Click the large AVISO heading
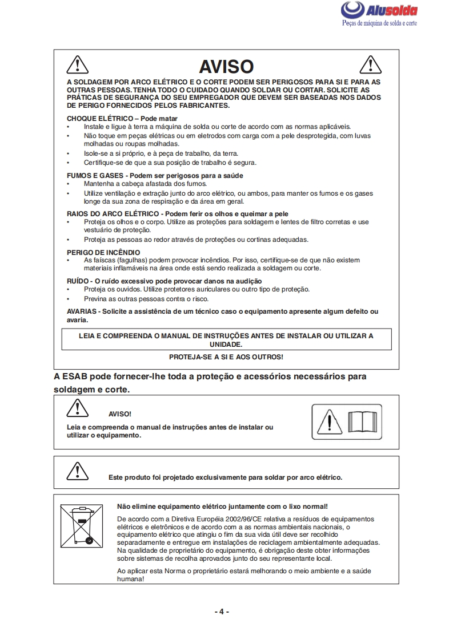click(x=226, y=67)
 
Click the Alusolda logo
click(x=379, y=10)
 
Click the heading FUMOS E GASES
click(x=94, y=175)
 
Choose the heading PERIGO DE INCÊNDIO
click(x=103, y=252)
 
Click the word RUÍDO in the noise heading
click(x=78, y=281)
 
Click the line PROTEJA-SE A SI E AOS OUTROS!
click(x=226, y=357)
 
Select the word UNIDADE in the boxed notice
click(x=226, y=345)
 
